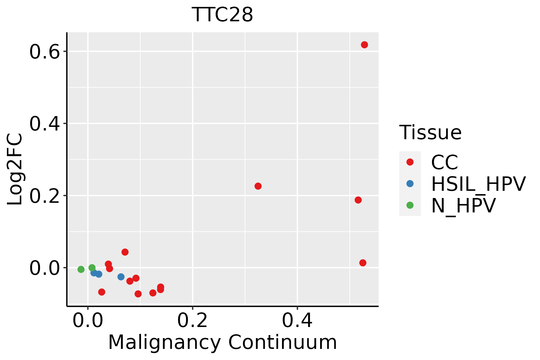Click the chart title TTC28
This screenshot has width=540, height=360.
point(222,15)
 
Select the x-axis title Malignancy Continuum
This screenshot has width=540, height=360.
point(222,342)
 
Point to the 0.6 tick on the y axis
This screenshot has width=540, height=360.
point(44,52)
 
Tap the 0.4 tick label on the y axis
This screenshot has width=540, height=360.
point(44,124)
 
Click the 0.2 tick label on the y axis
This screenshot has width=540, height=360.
point(44,196)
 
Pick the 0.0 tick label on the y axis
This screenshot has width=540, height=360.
point(44,268)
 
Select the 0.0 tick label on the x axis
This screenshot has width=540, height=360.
point(88,321)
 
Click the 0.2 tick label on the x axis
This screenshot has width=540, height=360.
point(192,321)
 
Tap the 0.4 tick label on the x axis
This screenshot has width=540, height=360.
point(297,321)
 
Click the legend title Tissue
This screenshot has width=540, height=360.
point(430,132)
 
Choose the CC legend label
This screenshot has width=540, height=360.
point(444,162)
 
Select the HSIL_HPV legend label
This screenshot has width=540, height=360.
point(478,184)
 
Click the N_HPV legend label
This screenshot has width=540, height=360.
point(463,205)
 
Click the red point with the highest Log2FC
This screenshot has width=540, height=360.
point(364,45)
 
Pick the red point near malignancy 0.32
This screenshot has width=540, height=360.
point(258,186)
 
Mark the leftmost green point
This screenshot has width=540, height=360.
point(81,269)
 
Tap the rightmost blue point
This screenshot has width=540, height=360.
point(121,277)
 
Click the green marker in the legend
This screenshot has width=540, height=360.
point(410,205)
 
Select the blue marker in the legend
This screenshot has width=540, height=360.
point(410,184)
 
